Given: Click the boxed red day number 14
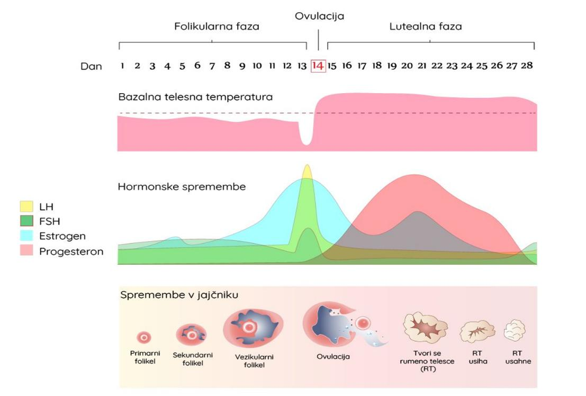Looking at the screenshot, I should coord(318,66).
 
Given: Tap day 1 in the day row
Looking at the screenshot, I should coord(122,66).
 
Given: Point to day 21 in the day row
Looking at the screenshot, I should coord(422,66).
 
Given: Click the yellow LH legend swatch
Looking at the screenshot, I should coord(26,206).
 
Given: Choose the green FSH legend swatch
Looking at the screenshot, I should coord(26,221).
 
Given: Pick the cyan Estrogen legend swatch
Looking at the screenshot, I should coord(26,236).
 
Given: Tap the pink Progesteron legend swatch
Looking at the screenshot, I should coord(26,251).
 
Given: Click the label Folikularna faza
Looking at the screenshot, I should coord(217,26).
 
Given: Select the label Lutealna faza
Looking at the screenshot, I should coord(426,26).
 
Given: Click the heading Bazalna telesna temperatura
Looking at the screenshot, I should coord(195,97).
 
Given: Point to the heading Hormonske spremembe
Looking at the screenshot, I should coord(182,187).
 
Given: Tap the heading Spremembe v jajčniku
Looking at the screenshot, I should coord(179,295).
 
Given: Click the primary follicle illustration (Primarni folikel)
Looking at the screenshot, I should coord(144,337).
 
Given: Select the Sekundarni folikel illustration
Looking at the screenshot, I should coord(191,334).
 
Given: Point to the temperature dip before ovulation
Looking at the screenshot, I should coord(305,137).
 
